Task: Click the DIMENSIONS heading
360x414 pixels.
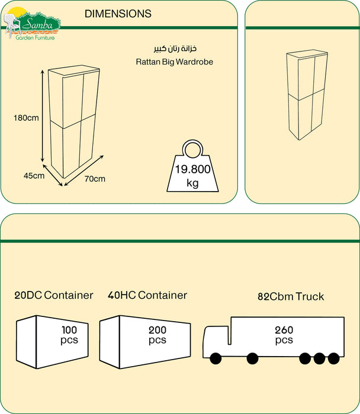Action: tap(118, 14)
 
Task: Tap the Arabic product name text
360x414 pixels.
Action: tap(163, 48)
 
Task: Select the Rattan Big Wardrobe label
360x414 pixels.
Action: tap(173, 61)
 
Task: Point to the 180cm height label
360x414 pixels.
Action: tap(26, 118)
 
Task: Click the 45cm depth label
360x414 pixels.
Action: tap(34, 176)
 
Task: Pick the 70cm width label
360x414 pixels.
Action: tap(95, 179)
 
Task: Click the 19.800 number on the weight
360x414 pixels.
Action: tap(192, 169)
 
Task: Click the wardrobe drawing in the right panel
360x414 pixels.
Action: tap(307, 95)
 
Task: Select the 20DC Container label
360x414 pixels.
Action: tap(54, 295)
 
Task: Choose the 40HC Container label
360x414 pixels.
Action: tap(147, 295)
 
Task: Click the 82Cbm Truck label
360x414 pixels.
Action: tap(291, 296)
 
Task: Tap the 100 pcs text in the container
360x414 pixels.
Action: tap(69, 335)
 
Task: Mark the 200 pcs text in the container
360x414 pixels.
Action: tap(157, 335)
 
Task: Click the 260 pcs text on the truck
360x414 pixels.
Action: tap(284, 335)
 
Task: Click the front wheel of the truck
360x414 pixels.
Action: tap(214, 358)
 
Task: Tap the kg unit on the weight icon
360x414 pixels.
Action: tap(192, 183)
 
